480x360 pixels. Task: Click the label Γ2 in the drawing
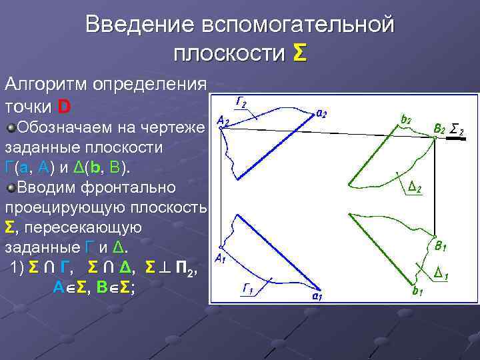241,102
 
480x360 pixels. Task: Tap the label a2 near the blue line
321,113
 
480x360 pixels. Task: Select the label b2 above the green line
406,120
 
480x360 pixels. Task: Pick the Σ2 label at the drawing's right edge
457,129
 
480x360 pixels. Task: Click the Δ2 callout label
414,189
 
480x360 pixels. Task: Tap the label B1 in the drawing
440,247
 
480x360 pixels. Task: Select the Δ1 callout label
440,272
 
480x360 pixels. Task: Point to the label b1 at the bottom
418,291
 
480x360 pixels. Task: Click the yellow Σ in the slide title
299,53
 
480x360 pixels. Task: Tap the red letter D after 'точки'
64,107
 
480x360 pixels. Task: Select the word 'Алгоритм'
47,85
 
